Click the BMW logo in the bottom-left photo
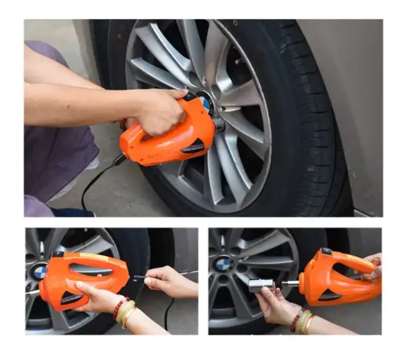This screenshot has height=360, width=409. (x=40, y=272)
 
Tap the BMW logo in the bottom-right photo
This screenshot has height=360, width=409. (x=223, y=264)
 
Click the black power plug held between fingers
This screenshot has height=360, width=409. (x=139, y=278)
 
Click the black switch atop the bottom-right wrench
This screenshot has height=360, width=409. (x=326, y=251)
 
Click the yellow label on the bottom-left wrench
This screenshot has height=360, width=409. (x=93, y=257)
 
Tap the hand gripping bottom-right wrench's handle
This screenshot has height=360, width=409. (x=373, y=267)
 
